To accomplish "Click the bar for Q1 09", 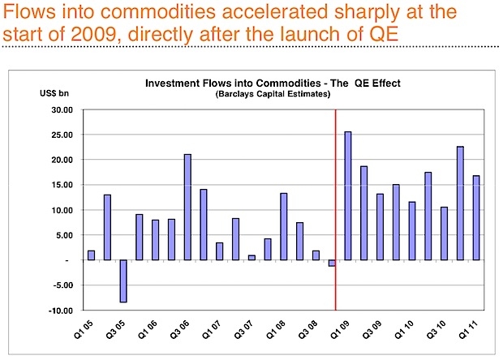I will [x=348, y=195].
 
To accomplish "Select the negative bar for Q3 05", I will [x=123, y=281].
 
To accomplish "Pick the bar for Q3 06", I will [x=187, y=207].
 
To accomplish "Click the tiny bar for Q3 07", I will [x=251, y=258].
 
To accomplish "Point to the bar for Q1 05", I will [x=91, y=255].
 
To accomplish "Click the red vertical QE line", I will [x=336, y=203].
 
